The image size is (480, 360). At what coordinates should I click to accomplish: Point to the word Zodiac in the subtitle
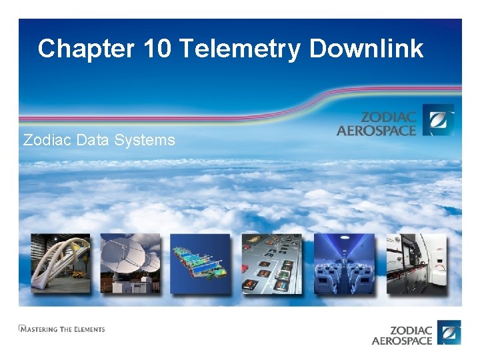coord(46,140)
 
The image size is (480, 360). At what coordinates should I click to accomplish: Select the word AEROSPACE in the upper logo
coord(376,130)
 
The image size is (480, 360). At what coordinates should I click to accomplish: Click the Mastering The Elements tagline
coord(61,329)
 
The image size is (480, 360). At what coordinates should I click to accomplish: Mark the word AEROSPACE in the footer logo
coord(402,341)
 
